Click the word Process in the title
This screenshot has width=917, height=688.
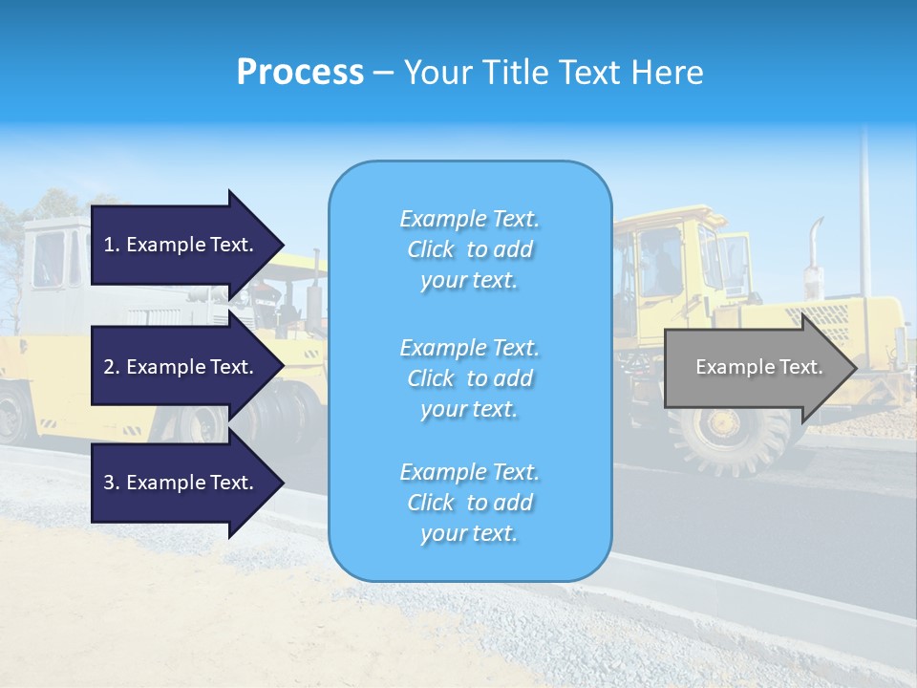click(x=300, y=73)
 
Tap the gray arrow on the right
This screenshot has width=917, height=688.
click(x=755, y=367)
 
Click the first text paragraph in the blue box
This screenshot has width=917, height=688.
click(x=469, y=249)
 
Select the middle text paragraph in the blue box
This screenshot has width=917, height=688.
click(x=469, y=377)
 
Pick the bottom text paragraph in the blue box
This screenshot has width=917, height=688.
click(x=469, y=503)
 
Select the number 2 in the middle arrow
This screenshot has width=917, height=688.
click(x=109, y=367)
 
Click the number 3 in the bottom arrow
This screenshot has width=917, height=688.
click(x=109, y=483)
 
